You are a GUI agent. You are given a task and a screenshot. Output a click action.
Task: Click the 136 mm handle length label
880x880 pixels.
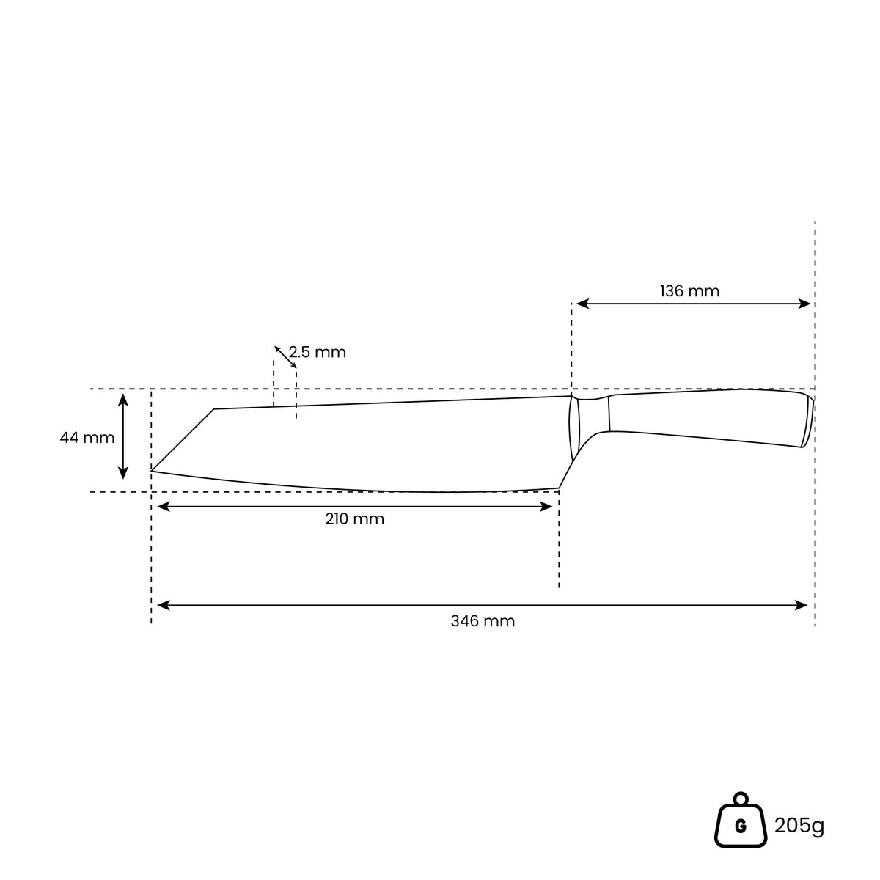point(689,291)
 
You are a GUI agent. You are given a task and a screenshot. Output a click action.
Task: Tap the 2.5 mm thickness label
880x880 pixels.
point(318,352)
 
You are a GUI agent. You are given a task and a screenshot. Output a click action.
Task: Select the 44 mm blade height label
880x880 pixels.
point(87,438)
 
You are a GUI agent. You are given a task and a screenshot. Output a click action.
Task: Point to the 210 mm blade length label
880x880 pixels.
point(354,518)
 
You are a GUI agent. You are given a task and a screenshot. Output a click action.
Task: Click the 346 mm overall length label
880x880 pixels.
point(483,621)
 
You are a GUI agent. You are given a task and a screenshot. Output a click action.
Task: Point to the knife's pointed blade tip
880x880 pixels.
point(152,470)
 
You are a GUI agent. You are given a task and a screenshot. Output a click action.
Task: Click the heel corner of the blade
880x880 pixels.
point(559,488)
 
